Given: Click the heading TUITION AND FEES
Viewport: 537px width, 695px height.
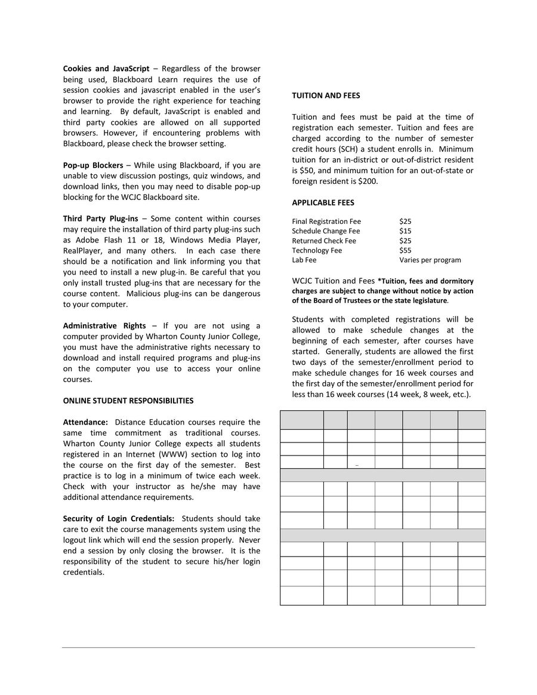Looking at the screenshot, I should pos(326,96).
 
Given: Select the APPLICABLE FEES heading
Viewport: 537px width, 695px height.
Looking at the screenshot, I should pos(323,202).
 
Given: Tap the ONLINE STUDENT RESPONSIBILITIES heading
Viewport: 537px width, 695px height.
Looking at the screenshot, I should pos(128,401).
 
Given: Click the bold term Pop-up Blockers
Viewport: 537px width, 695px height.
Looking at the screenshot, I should pos(93,165).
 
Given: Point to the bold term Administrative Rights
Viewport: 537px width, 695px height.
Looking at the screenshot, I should pos(104,326).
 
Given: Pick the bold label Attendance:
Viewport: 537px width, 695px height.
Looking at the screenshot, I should pos(85,423).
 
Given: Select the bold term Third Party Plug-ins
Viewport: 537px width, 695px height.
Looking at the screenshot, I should pos(100,219).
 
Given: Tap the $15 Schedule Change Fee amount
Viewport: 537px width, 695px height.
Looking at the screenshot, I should pos(405,231).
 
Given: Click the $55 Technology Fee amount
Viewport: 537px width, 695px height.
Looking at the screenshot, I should pos(405,251).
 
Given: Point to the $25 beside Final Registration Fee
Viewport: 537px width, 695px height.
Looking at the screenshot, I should pos(405,222).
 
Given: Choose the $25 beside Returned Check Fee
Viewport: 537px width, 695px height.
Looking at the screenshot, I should pos(405,241).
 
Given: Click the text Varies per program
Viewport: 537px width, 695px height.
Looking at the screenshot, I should pos(430,260).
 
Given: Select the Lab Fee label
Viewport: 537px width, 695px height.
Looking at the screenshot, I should pos(304,260).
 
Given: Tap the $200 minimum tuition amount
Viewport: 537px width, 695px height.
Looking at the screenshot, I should pos(368,182).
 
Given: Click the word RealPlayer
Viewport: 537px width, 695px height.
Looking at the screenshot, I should pos(84,251).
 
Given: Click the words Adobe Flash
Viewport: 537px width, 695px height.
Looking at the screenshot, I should pos(98,240).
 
